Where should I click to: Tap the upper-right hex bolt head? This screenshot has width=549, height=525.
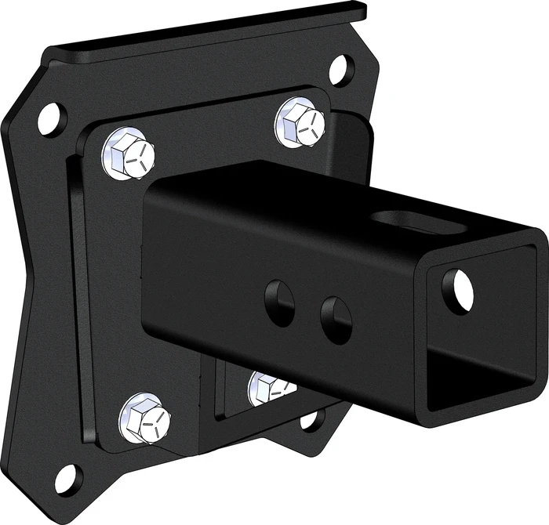[x=300, y=122]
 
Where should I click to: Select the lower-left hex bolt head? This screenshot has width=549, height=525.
[x=145, y=417]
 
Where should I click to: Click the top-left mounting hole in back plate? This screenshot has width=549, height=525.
[x=51, y=118]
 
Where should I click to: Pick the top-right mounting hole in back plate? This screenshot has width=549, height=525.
[x=341, y=70]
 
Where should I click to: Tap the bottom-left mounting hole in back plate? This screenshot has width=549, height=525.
[x=67, y=477]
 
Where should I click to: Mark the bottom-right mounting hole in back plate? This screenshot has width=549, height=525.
[x=311, y=421]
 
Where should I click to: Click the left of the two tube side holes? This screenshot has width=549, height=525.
[x=279, y=302]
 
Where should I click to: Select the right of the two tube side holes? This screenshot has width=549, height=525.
[x=336, y=320]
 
